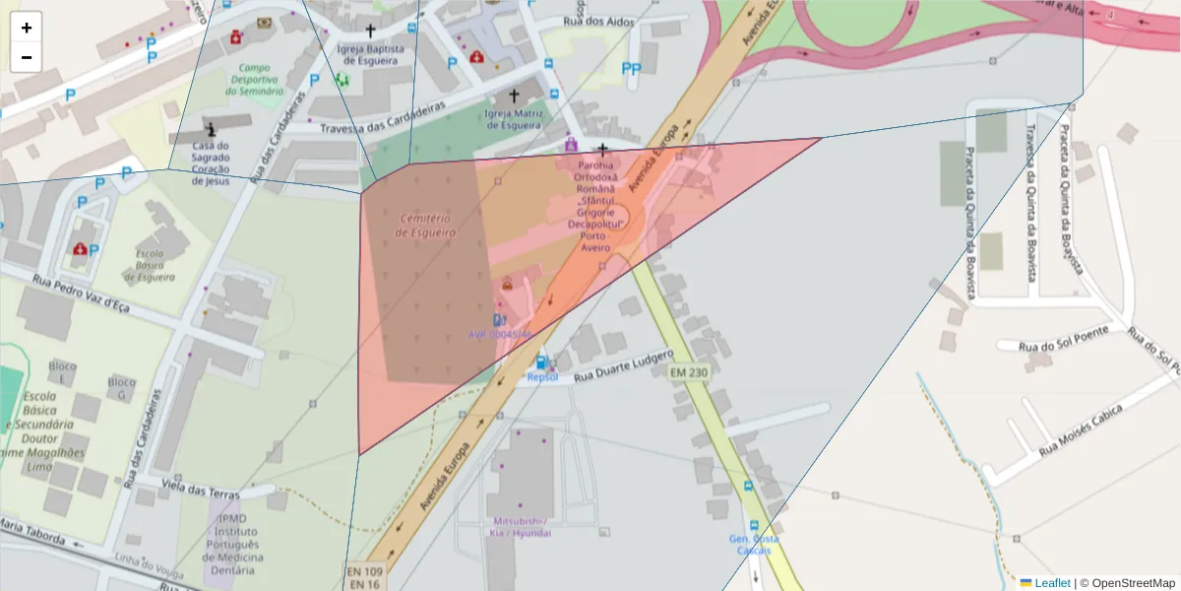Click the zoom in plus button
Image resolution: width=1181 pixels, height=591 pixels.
[27, 28]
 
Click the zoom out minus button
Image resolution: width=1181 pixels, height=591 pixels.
[27, 57]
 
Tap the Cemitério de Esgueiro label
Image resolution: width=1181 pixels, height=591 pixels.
[425, 225]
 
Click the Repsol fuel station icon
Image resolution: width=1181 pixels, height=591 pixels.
[540, 362]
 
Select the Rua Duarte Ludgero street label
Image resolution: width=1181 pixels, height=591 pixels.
[624, 365]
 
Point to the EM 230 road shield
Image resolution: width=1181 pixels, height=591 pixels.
[689, 372]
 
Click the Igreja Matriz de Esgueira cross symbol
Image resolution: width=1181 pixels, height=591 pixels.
[513, 97]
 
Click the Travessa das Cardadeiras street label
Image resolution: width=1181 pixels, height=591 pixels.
[370, 115]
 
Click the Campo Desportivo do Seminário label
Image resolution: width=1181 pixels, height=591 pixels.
[254, 80]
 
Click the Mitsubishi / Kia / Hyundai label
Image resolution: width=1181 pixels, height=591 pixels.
[519, 526]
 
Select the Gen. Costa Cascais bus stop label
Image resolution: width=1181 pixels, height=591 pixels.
[754, 544]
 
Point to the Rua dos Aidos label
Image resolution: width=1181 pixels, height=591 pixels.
[598, 22]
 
